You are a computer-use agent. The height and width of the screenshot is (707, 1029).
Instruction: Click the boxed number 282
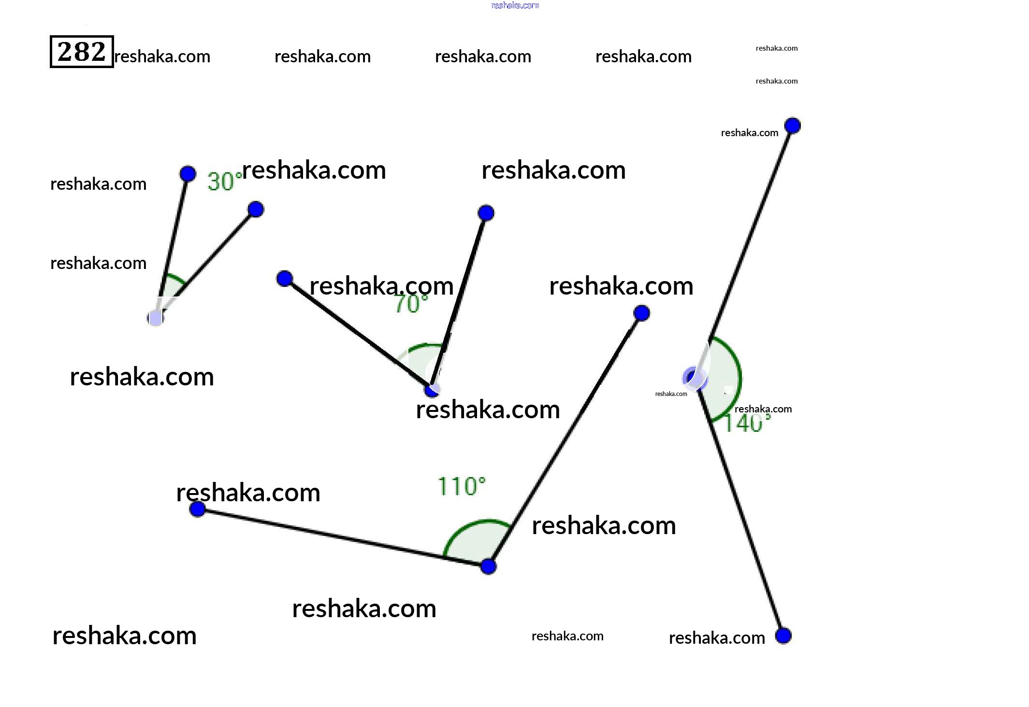(82, 52)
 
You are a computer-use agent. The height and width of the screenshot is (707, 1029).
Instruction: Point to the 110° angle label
(461, 486)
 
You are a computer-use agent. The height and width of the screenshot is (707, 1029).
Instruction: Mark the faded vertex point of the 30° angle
(156, 318)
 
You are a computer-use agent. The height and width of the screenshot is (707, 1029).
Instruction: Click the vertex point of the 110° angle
(488, 566)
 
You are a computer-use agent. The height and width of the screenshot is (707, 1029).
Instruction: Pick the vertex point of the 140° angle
(695, 378)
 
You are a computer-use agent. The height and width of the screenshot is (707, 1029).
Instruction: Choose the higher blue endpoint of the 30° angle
(188, 173)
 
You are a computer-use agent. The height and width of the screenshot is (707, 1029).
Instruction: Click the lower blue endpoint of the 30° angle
(256, 209)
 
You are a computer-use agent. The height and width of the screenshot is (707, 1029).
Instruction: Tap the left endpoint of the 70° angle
(285, 278)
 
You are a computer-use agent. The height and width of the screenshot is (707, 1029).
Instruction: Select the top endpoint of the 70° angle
(486, 212)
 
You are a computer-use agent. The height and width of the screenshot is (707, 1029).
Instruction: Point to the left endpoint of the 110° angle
(197, 509)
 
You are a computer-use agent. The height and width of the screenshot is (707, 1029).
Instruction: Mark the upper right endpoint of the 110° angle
(641, 313)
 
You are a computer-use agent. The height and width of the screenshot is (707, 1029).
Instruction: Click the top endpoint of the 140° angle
(792, 126)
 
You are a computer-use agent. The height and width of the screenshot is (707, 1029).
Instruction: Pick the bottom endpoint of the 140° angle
(783, 636)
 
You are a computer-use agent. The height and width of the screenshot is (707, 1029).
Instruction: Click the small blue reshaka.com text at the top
(515, 5)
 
